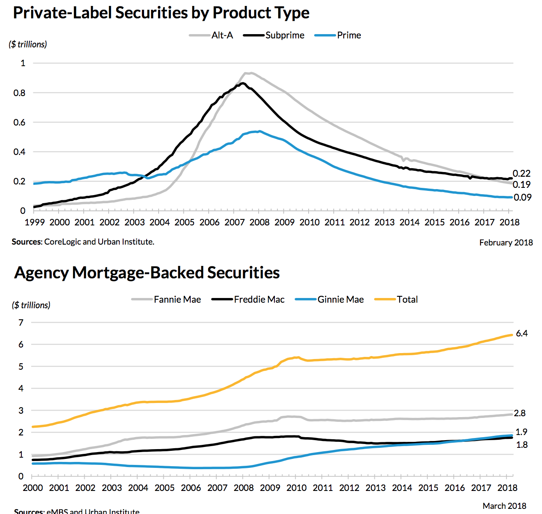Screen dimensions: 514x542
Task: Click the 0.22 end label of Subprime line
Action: coord(521,173)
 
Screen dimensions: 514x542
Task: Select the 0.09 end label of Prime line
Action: coord(522,197)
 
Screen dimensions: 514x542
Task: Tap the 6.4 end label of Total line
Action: coord(521,333)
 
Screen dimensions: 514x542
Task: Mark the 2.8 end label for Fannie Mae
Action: coord(520,413)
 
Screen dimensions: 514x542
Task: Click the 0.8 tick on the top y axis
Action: coord(20,93)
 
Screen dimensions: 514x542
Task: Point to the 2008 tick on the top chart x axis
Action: coord(259,222)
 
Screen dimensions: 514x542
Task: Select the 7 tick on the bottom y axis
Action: coord(21,322)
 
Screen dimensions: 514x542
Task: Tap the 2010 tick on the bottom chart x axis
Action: coord(296,488)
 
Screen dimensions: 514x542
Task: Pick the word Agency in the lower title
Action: coord(41,272)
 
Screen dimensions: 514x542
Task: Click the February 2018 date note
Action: coord(506,242)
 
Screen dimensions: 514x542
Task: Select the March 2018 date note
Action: coord(504,506)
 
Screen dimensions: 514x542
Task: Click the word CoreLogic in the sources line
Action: coord(62,242)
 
